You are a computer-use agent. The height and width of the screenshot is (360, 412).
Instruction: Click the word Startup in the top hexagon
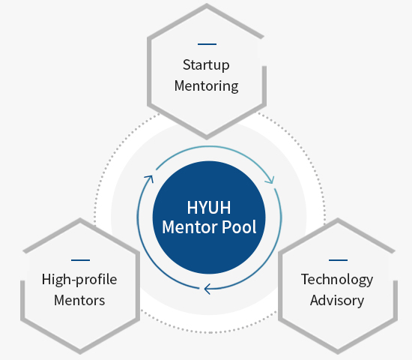click(x=206, y=65)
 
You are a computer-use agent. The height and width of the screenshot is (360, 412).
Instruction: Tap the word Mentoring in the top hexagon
click(x=207, y=86)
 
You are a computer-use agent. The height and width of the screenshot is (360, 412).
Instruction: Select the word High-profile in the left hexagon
click(x=79, y=280)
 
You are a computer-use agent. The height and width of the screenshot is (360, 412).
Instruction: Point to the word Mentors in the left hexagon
click(x=79, y=301)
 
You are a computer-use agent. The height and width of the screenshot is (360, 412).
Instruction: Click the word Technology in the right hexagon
click(x=337, y=280)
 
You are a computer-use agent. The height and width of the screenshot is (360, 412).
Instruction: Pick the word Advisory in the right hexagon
click(x=337, y=301)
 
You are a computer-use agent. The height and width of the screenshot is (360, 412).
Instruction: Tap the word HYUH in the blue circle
click(x=209, y=208)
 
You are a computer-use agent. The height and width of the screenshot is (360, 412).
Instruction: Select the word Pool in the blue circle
click(x=239, y=226)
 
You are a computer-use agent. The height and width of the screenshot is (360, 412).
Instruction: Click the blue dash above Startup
click(x=207, y=44)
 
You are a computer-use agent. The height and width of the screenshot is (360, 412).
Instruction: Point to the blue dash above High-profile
click(x=80, y=260)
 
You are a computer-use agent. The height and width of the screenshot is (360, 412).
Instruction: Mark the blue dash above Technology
click(x=338, y=260)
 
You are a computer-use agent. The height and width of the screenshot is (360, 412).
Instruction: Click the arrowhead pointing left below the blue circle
click(x=207, y=289)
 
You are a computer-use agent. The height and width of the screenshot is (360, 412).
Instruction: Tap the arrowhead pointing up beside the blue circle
click(x=150, y=178)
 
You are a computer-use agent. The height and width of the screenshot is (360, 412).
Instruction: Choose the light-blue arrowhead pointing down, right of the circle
click(x=270, y=181)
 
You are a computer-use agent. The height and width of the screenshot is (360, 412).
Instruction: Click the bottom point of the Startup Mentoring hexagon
click(x=207, y=138)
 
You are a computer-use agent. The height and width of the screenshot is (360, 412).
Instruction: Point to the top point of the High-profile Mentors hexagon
click(x=80, y=220)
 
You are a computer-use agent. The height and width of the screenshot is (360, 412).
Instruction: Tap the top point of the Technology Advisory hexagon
click(x=338, y=220)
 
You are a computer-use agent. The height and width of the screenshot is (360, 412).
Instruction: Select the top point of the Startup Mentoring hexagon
click(x=207, y=5)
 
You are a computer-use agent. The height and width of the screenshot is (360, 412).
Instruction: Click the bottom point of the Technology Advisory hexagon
click(x=338, y=352)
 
